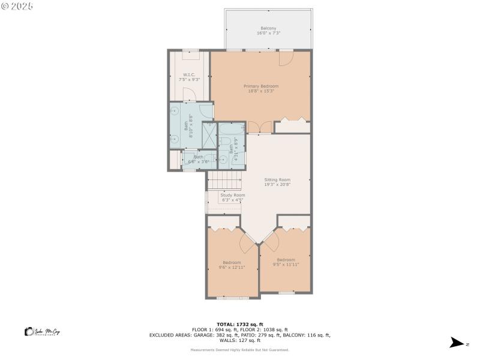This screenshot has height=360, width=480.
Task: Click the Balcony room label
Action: pyautogui.click(x=268, y=31)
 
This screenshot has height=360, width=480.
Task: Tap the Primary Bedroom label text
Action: pyautogui.click(x=261, y=88)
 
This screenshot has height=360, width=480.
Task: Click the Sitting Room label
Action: pyautogui.click(x=277, y=182)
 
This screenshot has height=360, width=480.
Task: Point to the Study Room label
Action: pyautogui.click(x=232, y=197)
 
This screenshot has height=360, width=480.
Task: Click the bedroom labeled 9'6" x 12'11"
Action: pyautogui.click(x=232, y=265)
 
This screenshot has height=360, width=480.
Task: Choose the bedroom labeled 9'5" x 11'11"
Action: pyautogui.click(x=286, y=262)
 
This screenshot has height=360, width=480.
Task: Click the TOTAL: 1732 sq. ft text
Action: pyautogui.click(x=240, y=324)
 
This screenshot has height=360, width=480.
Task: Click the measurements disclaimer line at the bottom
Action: pyautogui.click(x=240, y=350)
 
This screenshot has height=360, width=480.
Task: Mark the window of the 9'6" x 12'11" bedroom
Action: pyautogui.click(x=232, y=298)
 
